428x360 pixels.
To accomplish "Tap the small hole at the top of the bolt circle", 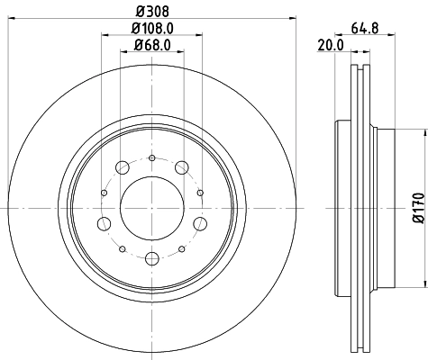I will (151, 158).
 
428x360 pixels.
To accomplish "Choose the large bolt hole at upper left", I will (122, 166).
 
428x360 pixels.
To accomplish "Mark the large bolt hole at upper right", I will (183, 166).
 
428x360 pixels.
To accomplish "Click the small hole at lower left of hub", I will (121, 248).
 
